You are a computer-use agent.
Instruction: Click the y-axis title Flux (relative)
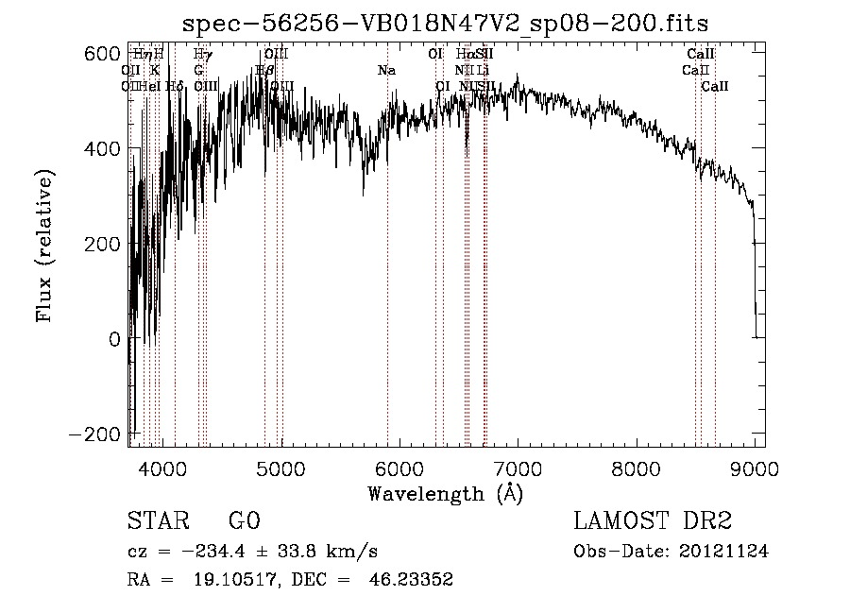44,245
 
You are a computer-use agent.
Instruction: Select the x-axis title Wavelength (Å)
445,493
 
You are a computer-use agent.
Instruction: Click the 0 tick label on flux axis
113,338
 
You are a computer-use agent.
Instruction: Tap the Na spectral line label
386,70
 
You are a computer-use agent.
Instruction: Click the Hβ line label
264,70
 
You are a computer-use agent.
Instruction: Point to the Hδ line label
175,86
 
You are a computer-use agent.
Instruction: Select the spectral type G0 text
244,522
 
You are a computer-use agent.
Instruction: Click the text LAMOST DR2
653,522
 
